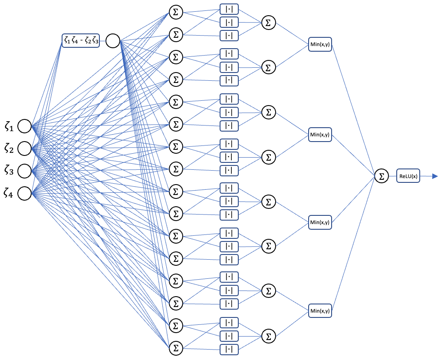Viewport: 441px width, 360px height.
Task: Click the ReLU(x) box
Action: click(408, 176)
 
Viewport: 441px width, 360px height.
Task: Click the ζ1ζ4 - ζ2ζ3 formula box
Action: click(81, 41)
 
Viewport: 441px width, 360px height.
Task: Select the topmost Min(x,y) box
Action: click(320, 44)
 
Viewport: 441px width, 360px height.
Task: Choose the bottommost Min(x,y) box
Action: click(320, 311)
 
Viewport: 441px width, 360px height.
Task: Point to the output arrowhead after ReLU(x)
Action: click(435, 176)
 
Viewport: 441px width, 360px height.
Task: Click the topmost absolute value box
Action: click(229, 9)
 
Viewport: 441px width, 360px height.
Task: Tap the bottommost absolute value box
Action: click(229, 349)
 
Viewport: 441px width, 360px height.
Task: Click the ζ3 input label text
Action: click(9, 170)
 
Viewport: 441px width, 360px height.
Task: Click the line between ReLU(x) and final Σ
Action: click(393, 176)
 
